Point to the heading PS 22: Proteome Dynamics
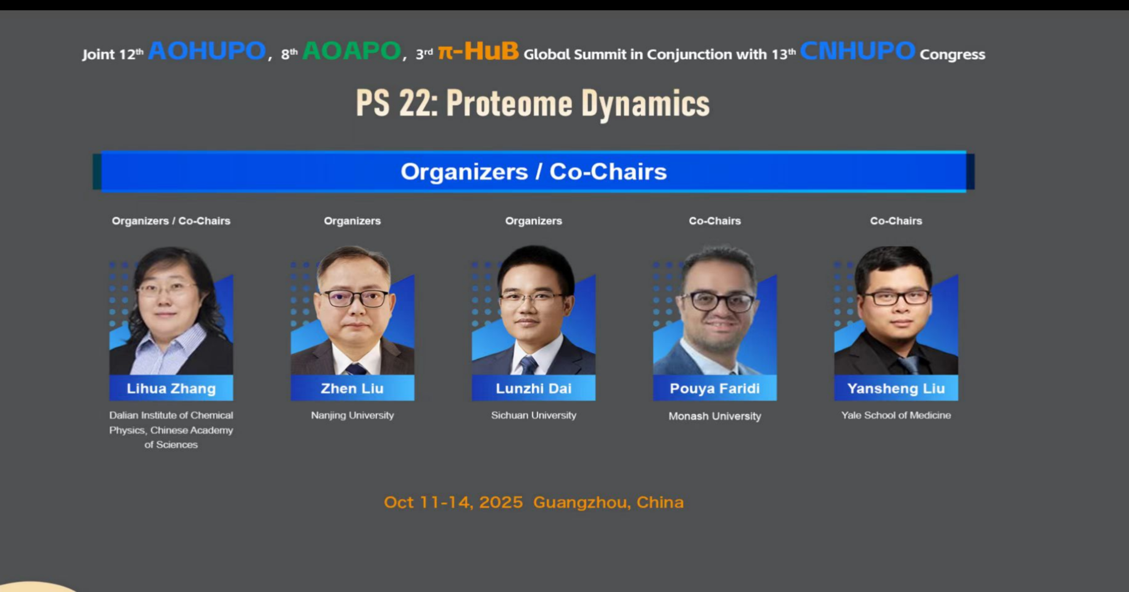click(533, 103)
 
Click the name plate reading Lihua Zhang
click(171, 388)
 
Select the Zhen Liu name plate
click(352, 388)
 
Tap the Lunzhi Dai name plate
click(534, 388)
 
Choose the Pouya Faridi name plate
click(715, 388)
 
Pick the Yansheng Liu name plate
click(896, 388)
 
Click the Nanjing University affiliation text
click(352, 415)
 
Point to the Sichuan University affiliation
click(534, 415)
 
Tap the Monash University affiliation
click(715, 416)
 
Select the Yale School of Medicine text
click(896, 415)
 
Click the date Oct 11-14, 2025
click(453, 502)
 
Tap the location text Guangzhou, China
click(609, 502)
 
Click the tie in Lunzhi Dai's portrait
click(528, 366)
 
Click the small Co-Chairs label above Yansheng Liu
click(896, 221)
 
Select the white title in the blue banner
click(534, 172)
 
